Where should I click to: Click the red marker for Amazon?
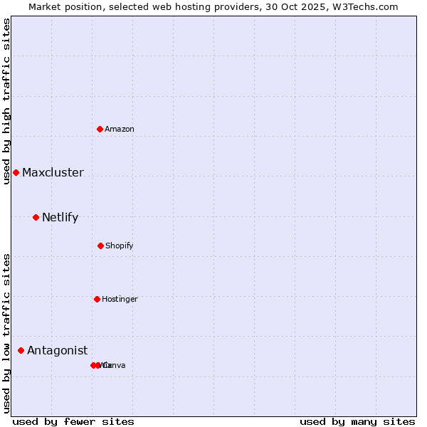tap(100, 129)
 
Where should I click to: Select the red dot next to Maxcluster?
tap(16, 172)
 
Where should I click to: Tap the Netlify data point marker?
tap(36, 217)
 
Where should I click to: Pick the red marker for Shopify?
tap(100, 246)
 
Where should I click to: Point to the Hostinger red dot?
tap(97, 299)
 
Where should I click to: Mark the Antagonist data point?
tap(21, 350)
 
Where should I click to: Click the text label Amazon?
tap(120, 129)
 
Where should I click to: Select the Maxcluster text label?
tap(53, 172)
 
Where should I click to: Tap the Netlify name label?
tap(60, 217)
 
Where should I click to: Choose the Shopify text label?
tap(120, 246)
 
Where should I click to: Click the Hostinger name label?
tap(120, 299)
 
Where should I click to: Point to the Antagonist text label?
tap(57, 350)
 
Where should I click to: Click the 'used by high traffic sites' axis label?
tap(6, 101)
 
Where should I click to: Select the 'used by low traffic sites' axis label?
tap(6, 333)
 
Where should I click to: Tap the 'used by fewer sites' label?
tap(73, 421)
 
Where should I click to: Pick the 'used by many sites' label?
tap(357, 421)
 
